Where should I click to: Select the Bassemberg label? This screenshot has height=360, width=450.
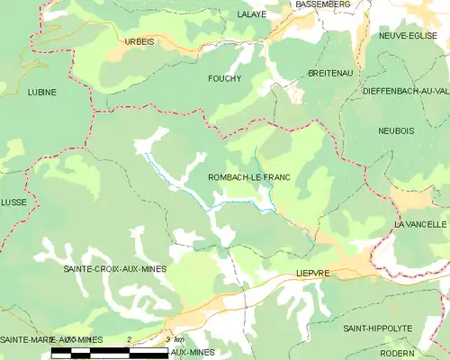[324, 4]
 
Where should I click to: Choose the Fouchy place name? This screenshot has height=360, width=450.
[224, 78]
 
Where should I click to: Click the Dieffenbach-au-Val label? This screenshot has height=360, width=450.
[405, 91]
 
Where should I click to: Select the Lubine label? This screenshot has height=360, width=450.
[41, 92]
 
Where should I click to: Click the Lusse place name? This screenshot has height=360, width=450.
[13, 203]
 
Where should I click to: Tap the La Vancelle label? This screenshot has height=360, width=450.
[420, 222]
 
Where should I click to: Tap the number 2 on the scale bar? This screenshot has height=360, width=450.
[130, 339]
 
